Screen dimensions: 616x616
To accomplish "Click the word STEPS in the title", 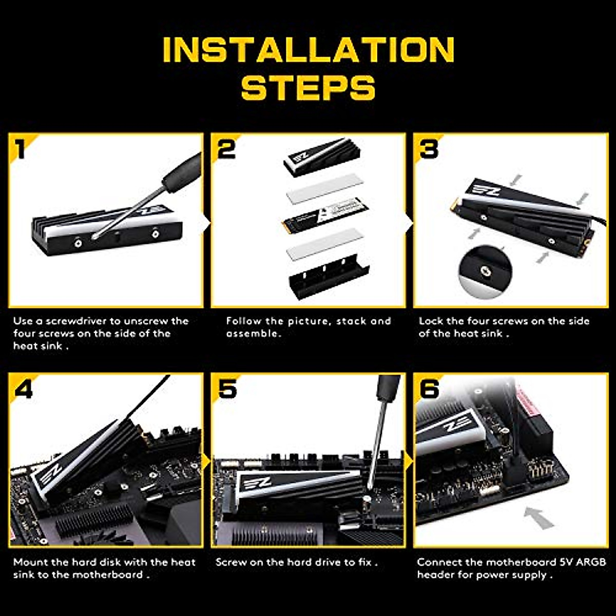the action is coord(308,87).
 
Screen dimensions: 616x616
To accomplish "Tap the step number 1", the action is coord(21,149).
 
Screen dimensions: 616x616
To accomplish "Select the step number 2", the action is coord(226,149).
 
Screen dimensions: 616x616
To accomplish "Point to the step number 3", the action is coord(429,149).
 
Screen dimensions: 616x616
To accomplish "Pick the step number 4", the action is coord(24,389).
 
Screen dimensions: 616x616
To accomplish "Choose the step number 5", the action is coord(227,389).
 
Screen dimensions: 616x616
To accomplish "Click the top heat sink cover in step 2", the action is coord(322,157).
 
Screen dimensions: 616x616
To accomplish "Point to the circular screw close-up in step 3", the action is coord(485,272).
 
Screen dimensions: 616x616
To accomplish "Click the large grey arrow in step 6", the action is coord(539,517).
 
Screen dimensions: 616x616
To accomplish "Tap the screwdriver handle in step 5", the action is coord(389,387).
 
